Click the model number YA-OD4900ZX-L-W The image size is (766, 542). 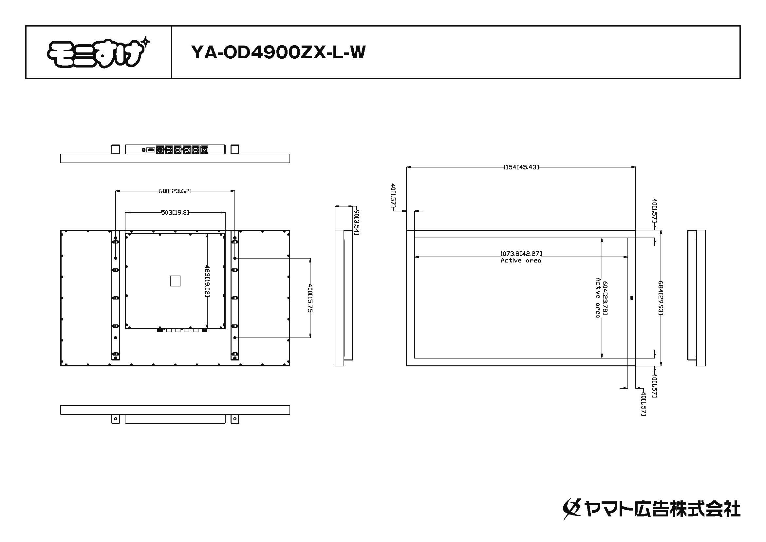coord(278,52)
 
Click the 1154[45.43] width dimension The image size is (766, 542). coord(521,167)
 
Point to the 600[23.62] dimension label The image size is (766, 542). coord(175,191)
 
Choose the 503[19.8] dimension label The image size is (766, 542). coord(175,212)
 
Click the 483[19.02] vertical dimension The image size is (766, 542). coord(207,281)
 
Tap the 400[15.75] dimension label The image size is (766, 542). coord(310,298)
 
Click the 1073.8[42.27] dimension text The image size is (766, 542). coord(521,254)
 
